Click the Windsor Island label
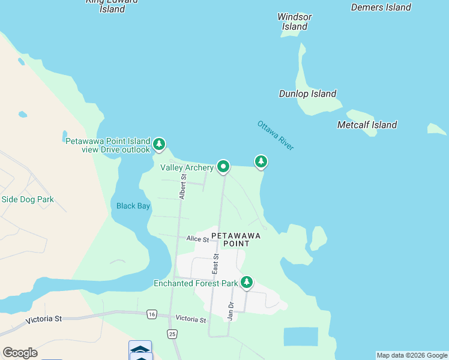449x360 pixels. click(x=294, y=22)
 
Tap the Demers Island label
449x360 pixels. click(x=381, y=8)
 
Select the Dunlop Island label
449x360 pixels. click(x=307, y=94)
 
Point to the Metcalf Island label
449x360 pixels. click(x=367, y=125)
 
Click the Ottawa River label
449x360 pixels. click(x=276, y=136)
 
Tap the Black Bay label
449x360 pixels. click(x=133, y=206)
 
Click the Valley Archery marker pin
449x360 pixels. click(x=223, y=166)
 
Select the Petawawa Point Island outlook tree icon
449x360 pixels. click(x=159, y=144)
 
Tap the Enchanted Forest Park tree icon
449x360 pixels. click(x=246, y=282)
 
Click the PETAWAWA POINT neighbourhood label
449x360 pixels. click(x=237, y=239)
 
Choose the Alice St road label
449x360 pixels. click(x=197, y=239)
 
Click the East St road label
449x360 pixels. click(x=215, y=264)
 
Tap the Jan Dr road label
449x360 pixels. click(x=230, y=310)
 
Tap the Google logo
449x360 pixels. click(x=20, y=353)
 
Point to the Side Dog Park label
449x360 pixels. click(x=28, y=199)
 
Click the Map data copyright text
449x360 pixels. click(x=412, y=355)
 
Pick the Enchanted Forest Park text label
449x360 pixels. click(x=196, y=283)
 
